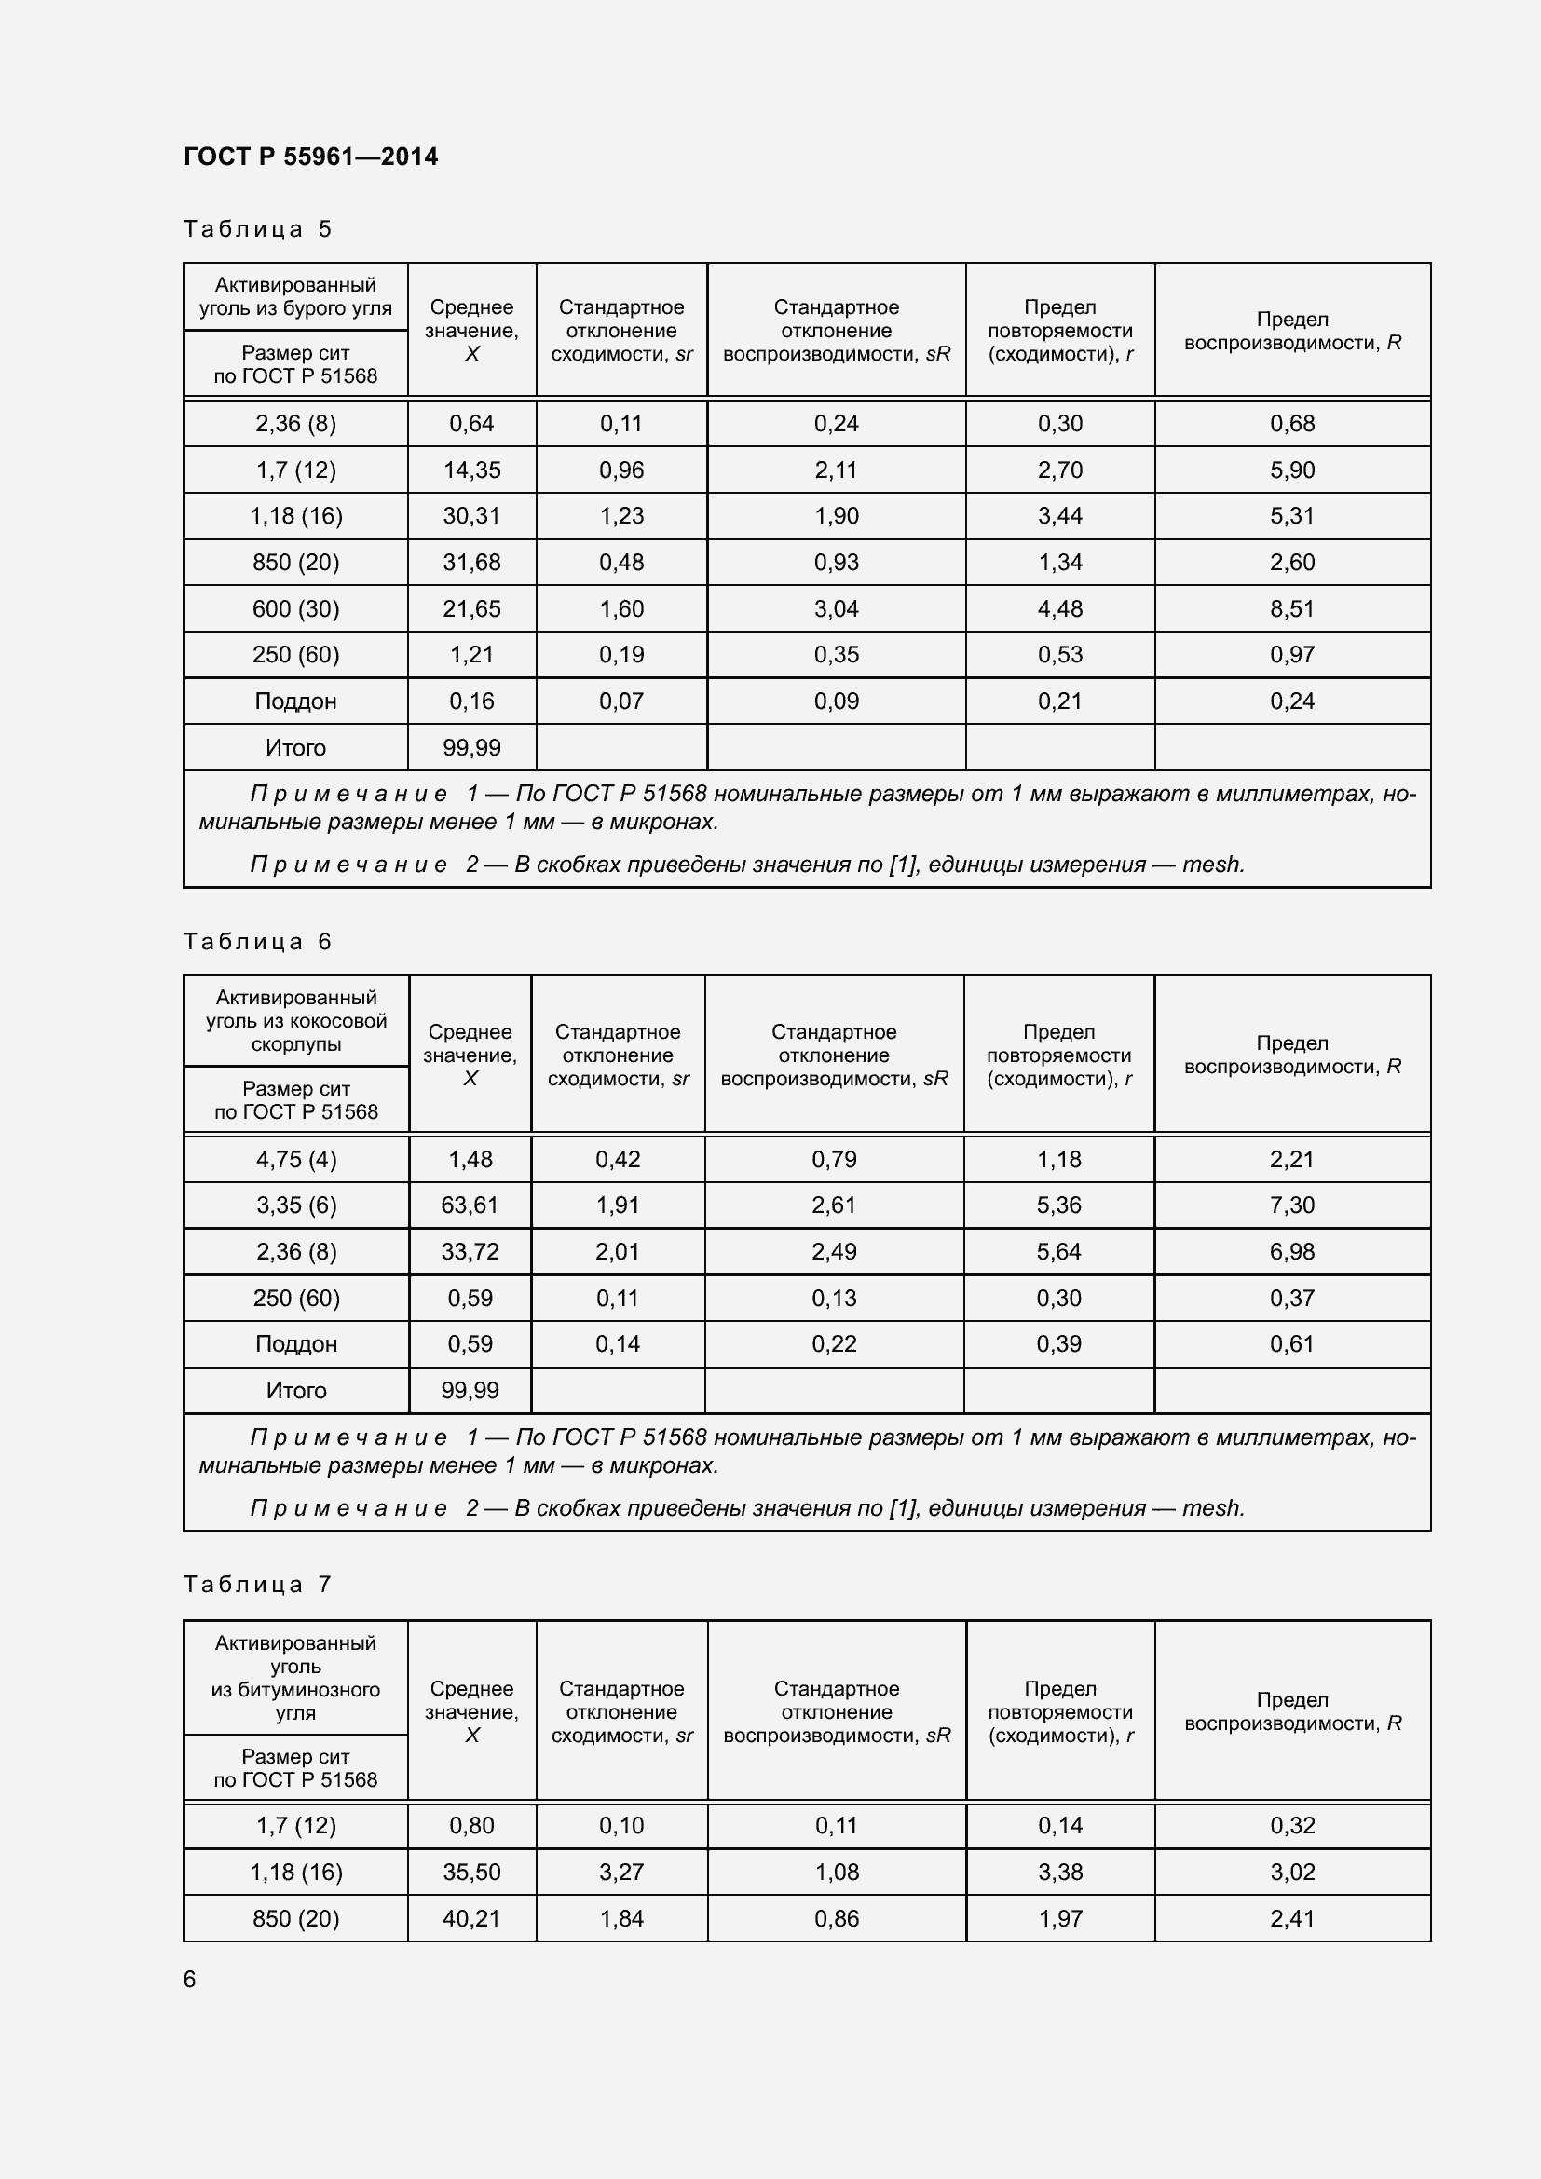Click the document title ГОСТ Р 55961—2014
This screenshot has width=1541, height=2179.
pyautogui.click(x=310, y=157)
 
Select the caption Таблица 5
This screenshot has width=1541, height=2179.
pyautogui.click(x=257, y=229)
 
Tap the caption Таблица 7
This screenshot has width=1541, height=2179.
pyautogui.click(x=257, y=1584)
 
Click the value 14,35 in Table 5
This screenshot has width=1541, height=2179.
pyautogui.click(x=471, y=470)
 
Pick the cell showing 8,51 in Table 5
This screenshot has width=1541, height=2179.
pyautogui.click(x=1291, y=608)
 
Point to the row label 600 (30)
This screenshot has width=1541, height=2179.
pyautogui.click(x=295, y=608)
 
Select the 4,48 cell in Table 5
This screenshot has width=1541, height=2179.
pyautogui.click(x=1060, y=608)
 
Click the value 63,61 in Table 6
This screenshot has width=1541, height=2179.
pyautogui.click(x=470, y=1205)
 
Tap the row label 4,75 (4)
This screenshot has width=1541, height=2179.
pyautogui.click(x=296, y=1159)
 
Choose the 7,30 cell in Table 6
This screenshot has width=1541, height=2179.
pyautogui.click(x=1291, y=1205)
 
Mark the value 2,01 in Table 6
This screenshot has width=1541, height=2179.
pyautogui.click(x=618, y=1251)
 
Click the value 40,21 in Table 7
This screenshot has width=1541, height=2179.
pyautogui.click(x=471, y=1918)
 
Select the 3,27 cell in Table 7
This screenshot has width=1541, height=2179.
pyautogui.click(x=621, y=1872)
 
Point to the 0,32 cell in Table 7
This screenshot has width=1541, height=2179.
pyautogui.click(x=1291, y=1825)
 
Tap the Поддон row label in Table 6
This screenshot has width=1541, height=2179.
pyautogui.click(x=296, y=1344)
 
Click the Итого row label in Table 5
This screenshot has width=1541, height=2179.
pyautogui.click(x=295, y=748)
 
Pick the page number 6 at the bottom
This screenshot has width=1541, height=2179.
pyautogui.click(x=190, y=1979)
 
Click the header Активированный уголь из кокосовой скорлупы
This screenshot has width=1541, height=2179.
pyautogui.click(x=296, y=1020)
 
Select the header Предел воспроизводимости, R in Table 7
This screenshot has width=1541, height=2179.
pyautogui.click(x=1291, y=1711)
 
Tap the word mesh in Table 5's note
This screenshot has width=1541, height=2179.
pyautogui.click(x=1212, y=865)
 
